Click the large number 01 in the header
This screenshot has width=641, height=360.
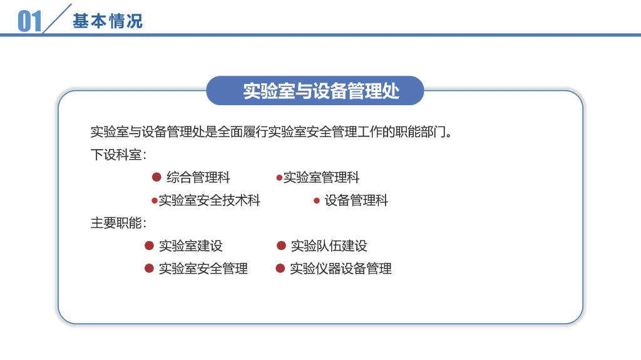(29, 21)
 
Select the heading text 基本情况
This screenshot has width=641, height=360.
(108, 21)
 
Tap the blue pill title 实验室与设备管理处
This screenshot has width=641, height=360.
(321, 91)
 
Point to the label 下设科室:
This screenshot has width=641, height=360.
(118, 155)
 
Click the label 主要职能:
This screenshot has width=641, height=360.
(118, 223)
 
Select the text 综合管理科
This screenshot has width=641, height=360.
(198, 178)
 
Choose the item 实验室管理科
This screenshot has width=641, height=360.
(321, 178)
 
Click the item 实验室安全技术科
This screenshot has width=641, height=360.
(209, 200)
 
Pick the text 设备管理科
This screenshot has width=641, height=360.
(356, 200)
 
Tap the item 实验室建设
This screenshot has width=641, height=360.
(190, 246)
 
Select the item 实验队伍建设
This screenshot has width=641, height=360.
(329, 246)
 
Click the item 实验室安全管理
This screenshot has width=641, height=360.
(203, 269)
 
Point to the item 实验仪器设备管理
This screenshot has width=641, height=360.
(341, 269)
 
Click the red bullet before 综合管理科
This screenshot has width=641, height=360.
(156, 177)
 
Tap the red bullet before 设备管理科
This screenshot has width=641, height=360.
(316, 200)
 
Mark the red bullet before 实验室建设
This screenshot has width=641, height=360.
(149, 245)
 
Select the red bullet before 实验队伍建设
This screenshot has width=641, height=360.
(281, 245)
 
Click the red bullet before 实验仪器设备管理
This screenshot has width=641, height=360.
(280, 269)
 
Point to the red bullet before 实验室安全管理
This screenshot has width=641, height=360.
(149, 269)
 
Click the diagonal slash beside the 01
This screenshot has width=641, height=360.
(57, 19)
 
